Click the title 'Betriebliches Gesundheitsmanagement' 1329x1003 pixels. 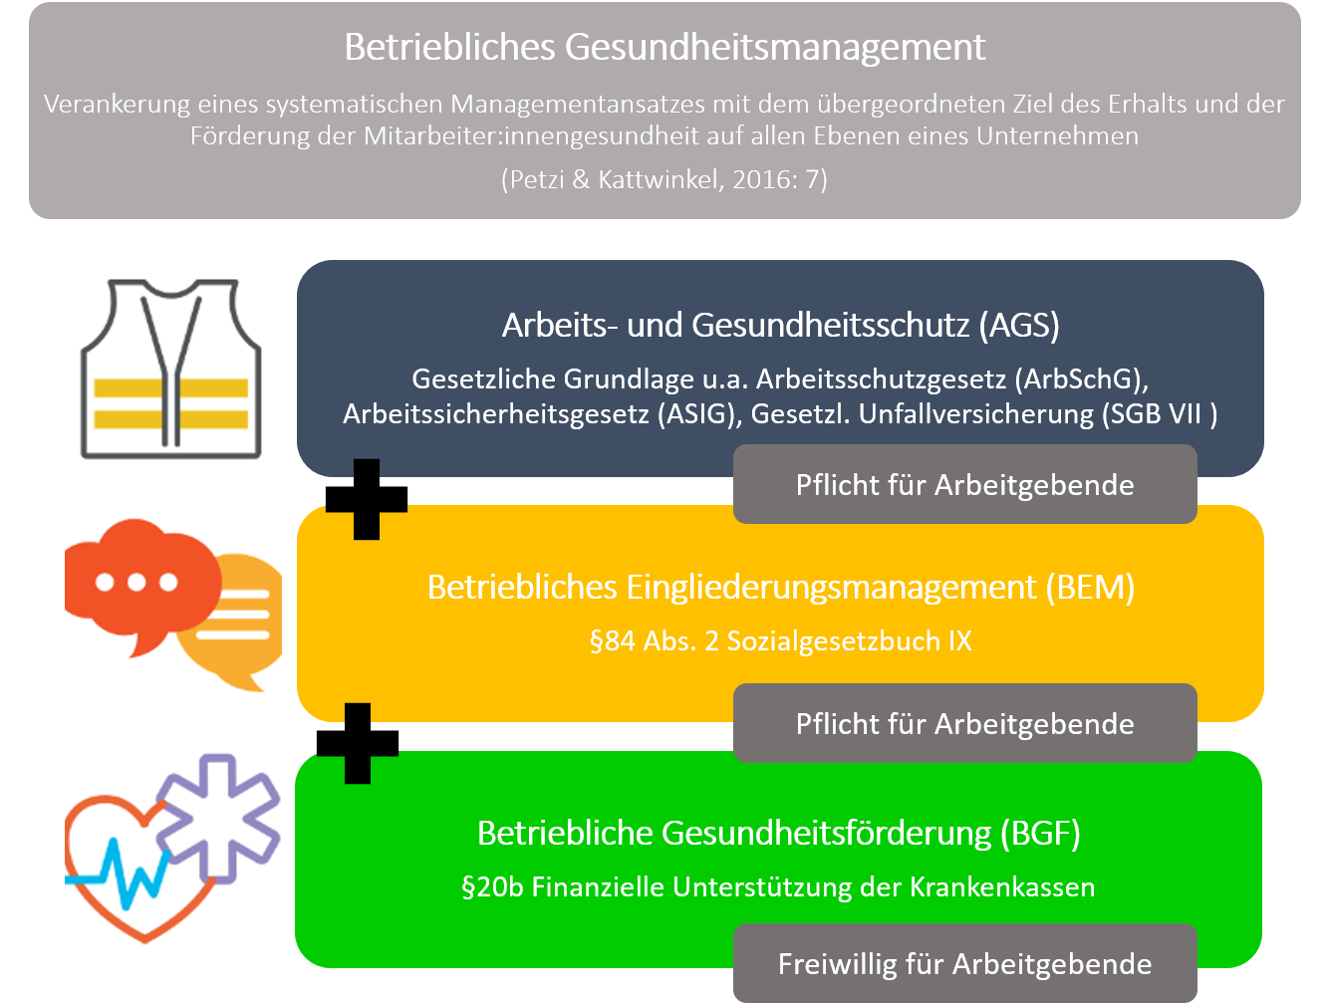pos(664,47)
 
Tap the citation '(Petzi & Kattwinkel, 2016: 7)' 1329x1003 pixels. pos(664,179)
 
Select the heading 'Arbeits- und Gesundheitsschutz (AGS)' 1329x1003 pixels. pos(780,326)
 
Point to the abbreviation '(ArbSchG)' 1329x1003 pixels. pos(1081,379)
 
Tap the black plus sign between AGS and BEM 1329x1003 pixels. pos(367,499)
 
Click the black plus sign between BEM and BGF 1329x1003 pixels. pos(358,743)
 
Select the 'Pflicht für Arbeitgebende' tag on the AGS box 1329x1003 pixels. pos(965,484)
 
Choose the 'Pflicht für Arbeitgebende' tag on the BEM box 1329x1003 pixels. pos(965,723)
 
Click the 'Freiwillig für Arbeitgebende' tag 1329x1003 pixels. pos(965,963)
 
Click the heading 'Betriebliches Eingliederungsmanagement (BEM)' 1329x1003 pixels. pos(781,587)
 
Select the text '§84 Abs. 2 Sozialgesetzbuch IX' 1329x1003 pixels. pos(781,641)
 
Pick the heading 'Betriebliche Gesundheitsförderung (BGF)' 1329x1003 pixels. pos(779,834)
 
